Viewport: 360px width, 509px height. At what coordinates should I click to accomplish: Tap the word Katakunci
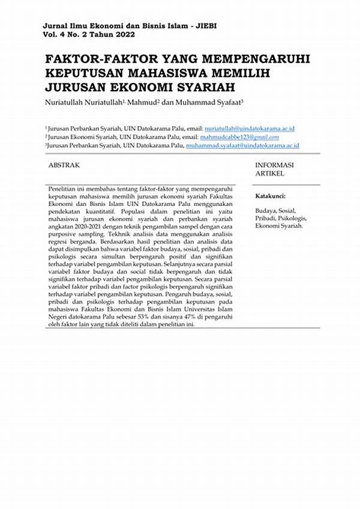pos(270,196)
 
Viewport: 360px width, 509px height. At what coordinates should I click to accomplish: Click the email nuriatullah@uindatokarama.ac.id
pos(249,129)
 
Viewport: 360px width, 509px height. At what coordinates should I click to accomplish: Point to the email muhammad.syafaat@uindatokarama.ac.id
pos(242,146)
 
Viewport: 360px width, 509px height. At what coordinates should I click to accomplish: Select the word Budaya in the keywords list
pos(265,211)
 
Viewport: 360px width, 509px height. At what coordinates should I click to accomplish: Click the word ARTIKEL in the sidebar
pos(270,173)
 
